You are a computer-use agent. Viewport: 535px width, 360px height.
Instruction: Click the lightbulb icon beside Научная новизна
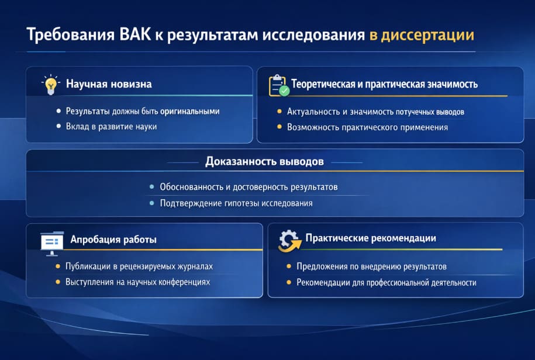(51, 84)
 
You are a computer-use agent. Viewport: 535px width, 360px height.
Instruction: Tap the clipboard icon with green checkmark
(278, 85)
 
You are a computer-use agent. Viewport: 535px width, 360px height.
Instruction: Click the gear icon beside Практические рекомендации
(288, 240)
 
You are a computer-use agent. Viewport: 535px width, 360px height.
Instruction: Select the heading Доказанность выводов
(264, 162)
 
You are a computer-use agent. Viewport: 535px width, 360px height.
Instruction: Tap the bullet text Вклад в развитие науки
(111, 126)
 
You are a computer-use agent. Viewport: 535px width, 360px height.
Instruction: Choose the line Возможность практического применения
(367, 127)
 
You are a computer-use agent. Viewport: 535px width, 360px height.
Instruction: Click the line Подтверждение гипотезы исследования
(236, 203)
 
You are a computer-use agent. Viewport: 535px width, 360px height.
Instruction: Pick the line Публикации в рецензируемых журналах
(139, 266)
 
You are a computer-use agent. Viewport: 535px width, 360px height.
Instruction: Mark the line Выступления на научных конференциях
(137, 282)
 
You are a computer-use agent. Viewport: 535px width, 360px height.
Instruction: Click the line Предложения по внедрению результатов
(371, 266)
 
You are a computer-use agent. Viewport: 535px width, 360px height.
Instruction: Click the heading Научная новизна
(109, 84)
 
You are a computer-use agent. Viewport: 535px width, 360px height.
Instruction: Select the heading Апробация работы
(113, 240)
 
